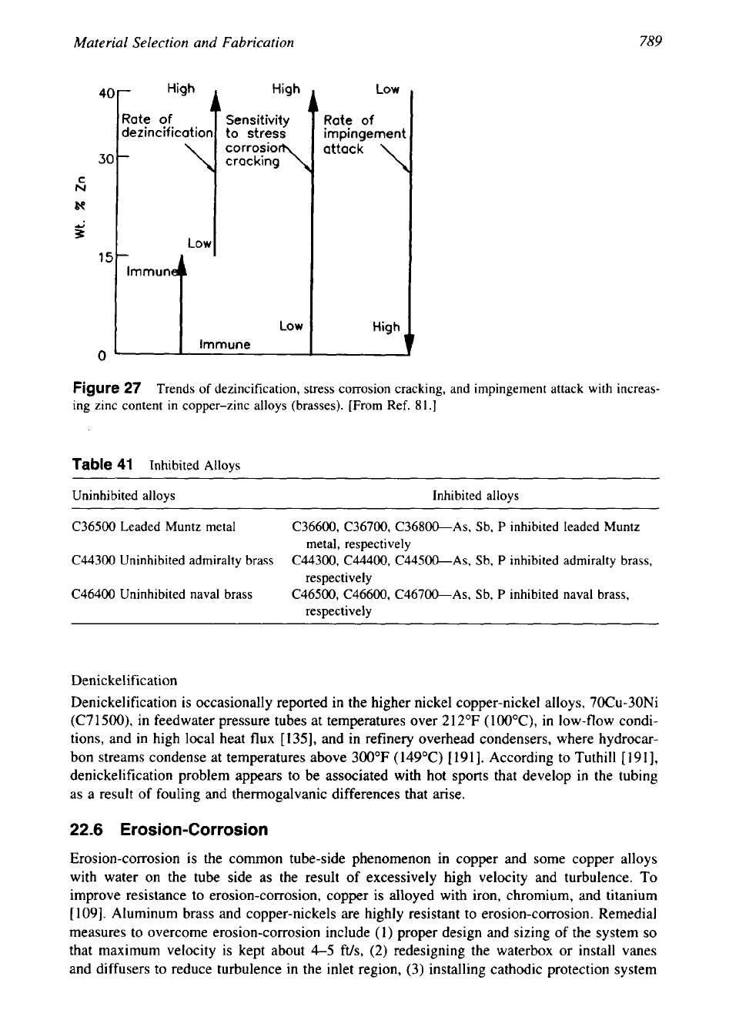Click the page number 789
coord(650,42)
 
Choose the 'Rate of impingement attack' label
coord(363,134)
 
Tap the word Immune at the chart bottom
coord(224,344)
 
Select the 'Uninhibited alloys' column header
coord(123,496)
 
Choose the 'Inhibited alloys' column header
coord(475,496)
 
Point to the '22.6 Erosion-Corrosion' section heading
coord(169,830)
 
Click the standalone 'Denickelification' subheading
coord(124,681)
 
